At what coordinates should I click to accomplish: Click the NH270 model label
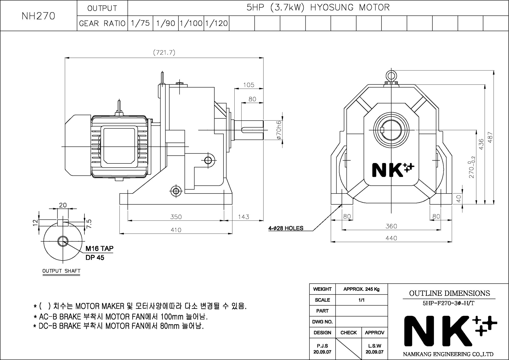[x=38, y=16]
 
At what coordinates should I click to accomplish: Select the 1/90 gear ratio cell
[x=166, y=23]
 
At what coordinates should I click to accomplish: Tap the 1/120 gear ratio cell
[x=217, y=23]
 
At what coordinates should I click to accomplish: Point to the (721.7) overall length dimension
[x=164, y=52]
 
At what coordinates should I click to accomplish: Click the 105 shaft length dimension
[x=249, y=85]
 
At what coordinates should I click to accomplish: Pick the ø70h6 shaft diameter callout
[x=279, y=130]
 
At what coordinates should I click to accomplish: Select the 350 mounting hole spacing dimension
[x=176, y=217]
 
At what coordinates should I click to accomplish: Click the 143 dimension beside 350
[x=244, y=217]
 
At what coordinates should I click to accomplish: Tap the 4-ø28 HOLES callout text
[x=286, y=228]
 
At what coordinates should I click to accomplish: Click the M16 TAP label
[x=100, y=248]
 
